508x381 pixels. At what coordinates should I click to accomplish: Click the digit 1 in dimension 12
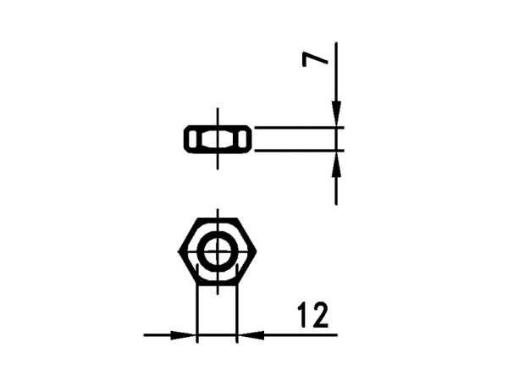coord(304,315)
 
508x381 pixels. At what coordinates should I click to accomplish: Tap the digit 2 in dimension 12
coord(320,315)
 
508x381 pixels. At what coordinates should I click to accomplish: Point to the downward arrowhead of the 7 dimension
coord(336,114)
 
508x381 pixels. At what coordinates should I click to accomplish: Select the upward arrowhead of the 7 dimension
coord(336,164)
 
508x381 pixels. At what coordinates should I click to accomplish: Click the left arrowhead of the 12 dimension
coord(184,335)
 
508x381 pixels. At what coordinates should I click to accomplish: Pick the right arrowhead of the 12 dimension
coord(251,335)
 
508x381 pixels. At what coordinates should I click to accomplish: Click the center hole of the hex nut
coord(218,251)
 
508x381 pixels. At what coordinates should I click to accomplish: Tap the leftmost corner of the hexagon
coord(179,251)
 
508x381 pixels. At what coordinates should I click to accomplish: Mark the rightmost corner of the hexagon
coord(256,251)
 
